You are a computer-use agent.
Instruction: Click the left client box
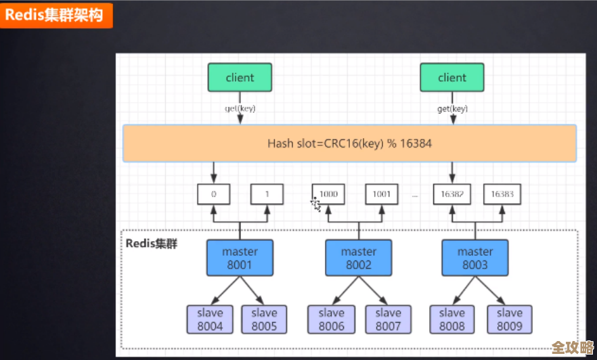(240, 78)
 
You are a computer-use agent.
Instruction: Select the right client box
(452, 78)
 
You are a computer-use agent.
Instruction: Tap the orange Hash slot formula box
(349, 143)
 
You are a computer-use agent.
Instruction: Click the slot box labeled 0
(214, 194)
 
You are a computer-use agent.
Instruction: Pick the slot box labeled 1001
(381, 194)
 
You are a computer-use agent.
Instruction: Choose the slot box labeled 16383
(503, 194)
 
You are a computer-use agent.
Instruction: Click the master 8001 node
(240, 258)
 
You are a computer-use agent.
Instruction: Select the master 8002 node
(359, 258)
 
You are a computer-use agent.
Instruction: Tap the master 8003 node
(475, 258)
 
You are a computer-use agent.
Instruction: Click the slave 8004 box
(210, 319)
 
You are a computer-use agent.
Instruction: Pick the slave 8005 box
(264, 319)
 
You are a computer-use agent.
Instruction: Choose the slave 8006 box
(331, 319)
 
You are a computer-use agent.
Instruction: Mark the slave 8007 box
(389, 319)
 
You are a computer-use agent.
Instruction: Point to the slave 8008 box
(452, 319)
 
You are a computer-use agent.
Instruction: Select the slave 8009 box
(509, 319)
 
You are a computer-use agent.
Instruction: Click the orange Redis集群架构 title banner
(56, 15)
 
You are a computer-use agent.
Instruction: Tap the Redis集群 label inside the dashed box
(152, 244)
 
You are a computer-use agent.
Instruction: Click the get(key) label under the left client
(240, 108)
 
